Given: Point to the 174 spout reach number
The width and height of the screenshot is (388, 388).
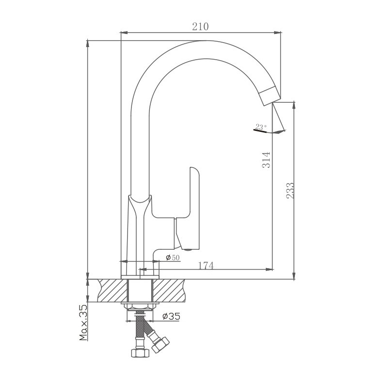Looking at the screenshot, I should click(x=206, y=265).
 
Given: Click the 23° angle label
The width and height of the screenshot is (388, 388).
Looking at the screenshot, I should click(x=260, y=127).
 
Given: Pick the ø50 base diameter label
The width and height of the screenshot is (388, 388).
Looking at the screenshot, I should click(x=173, y=258).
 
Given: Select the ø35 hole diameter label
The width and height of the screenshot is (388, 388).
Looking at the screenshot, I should click(x=171, y=316).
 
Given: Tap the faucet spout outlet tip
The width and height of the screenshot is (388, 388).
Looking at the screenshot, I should click(x=270, y=97).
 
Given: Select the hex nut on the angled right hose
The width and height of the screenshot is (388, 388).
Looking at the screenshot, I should click(x=160, y=343).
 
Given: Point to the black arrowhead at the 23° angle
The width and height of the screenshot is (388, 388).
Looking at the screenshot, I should click(x=278, y=131).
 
